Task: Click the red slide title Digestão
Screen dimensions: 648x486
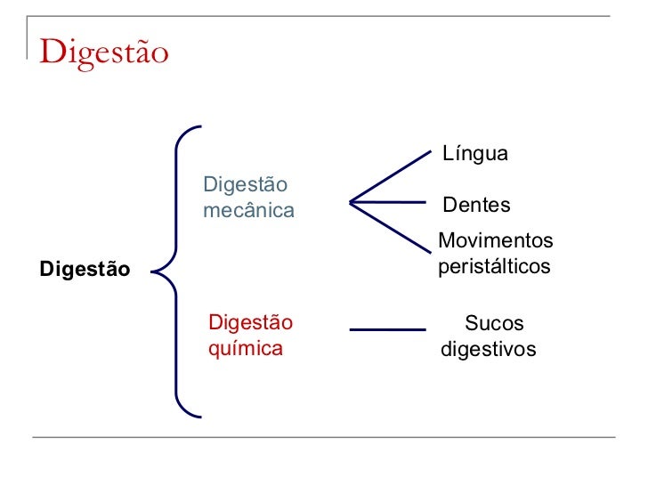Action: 103,52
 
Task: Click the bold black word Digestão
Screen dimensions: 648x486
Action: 85,269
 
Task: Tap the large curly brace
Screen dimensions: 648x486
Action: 178,271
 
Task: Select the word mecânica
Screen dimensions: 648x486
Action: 248,211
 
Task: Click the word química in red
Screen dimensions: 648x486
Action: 245,348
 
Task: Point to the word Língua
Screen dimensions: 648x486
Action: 475,154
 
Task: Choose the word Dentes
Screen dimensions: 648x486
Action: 477,206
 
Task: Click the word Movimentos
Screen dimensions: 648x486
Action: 496,241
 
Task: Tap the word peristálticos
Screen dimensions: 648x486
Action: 495,266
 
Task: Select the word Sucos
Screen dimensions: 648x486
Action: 494,324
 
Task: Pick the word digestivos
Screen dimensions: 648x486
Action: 489,349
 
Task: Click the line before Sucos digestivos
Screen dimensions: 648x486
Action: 387,330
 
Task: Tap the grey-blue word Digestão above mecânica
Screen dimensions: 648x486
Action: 246,186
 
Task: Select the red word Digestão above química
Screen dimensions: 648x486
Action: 250,323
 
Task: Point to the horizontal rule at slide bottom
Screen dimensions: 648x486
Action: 324,437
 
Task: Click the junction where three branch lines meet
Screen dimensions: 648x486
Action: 352,203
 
